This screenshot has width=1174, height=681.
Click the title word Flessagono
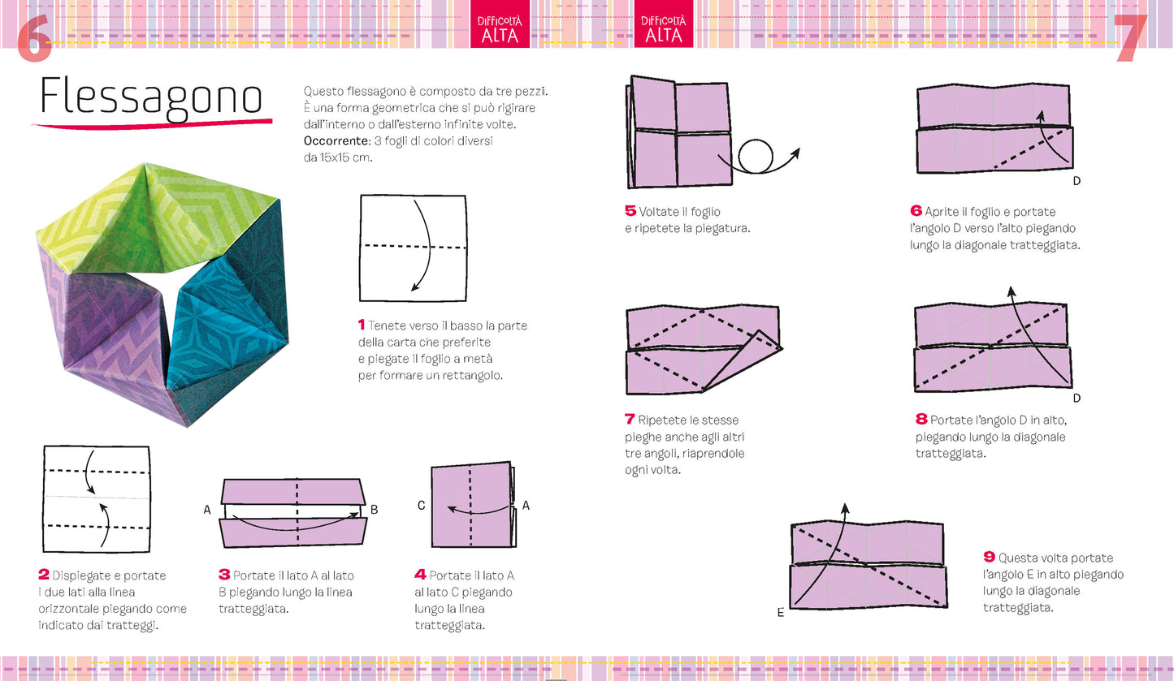151,97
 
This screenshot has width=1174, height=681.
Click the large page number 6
34,37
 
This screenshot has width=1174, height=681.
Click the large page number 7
1130,37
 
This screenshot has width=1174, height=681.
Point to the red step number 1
362,325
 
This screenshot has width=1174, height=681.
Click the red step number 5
630,211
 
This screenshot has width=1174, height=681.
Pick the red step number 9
989,557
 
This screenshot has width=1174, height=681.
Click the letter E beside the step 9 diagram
780,613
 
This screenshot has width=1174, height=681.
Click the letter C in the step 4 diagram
421,506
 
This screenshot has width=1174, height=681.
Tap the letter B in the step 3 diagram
374,510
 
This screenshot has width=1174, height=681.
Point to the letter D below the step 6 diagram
1077,180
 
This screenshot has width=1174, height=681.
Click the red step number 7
630,420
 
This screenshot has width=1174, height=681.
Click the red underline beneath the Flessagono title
151,123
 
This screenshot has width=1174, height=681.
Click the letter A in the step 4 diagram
526,506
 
